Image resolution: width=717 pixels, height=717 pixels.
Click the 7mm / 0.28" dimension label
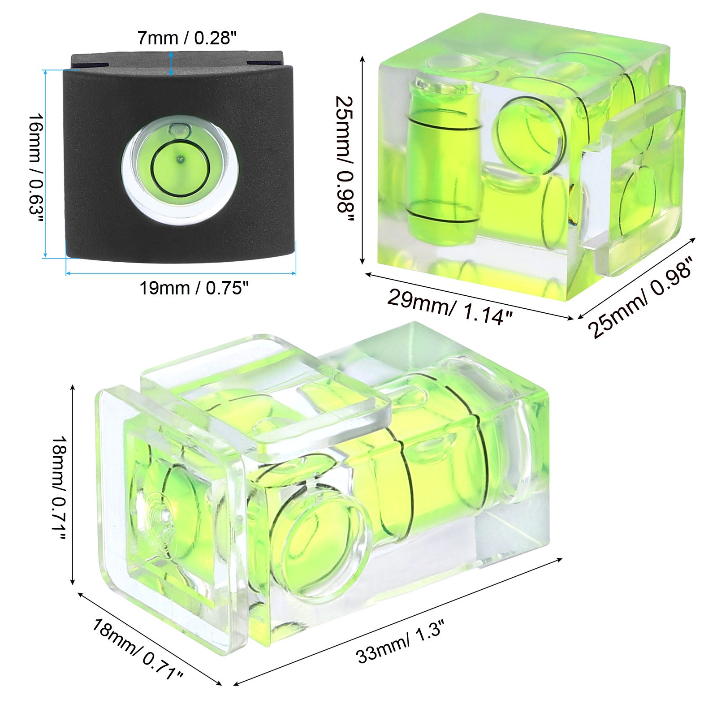coord(186,38)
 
